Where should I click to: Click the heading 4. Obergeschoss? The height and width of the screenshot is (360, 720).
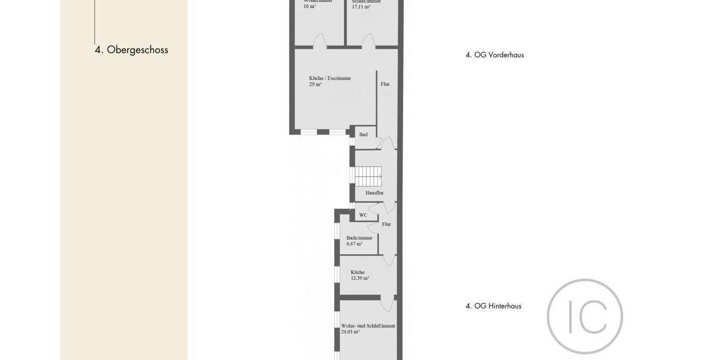coord(131,50)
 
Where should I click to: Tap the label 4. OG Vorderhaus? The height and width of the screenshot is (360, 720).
coord(494,55)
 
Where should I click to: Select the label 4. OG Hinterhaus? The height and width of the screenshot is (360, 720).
coord(493,306)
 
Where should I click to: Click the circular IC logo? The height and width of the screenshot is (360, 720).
coord(584,316)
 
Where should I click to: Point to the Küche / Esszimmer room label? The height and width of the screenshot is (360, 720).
coord(330,78)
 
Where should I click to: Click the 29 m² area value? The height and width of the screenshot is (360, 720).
coord(315,85)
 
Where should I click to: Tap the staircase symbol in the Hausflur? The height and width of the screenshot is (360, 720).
coord(368,176)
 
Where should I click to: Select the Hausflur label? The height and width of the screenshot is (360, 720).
coord(374,193)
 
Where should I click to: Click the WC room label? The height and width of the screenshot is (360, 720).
coord(363,215)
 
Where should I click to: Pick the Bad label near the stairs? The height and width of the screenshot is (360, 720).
coord(363,134)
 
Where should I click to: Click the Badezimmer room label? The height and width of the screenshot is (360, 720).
coord(359,238)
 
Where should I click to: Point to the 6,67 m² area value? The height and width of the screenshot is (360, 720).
coord(355,244)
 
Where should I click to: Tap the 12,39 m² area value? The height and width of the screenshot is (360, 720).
coord(360,278)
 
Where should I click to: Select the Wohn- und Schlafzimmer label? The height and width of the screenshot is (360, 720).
coord(368,326)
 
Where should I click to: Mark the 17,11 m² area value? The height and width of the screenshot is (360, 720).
coord(361,6)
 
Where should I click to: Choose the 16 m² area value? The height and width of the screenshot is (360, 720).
coord(310,6)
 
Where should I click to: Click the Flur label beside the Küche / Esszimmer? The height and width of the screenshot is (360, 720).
coord(385,84)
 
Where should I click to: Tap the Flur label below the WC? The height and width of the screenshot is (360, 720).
coord(386,224)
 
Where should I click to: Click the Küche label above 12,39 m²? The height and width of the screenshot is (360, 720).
coord(358,272)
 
